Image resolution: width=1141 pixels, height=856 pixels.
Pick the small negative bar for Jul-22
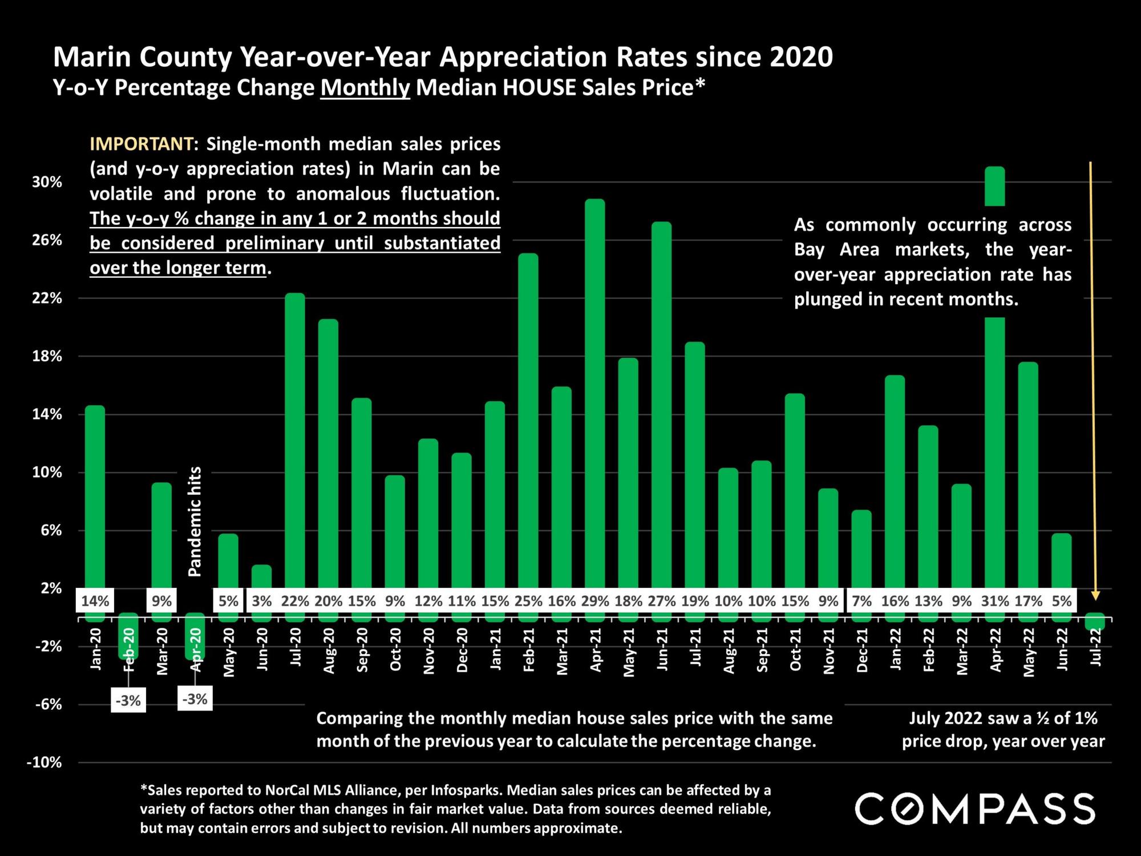[1095, 621]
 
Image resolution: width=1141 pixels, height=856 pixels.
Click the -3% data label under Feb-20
[128, 700]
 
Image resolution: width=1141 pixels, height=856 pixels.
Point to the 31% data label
[996, 601]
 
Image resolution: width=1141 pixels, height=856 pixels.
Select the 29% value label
[595, 601]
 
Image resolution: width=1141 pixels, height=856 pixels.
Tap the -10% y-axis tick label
[44, 762]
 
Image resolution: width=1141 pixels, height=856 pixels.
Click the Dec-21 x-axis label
[862, 650]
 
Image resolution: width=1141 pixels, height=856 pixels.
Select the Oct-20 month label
[395, 650]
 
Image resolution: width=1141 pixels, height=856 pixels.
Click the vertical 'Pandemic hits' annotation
[195, 521]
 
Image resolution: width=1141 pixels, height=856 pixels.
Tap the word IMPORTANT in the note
[141, 144]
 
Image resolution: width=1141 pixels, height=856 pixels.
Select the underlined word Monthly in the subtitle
[365, 88]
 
